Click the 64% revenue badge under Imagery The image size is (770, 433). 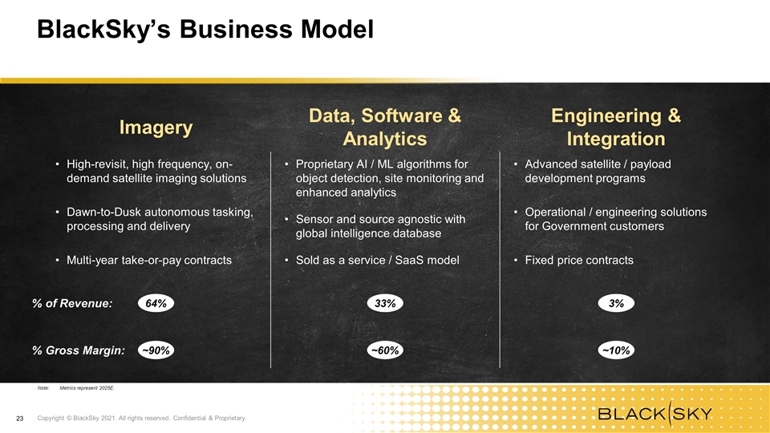(x=156, y=303)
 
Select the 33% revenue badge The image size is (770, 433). (x=385, y=303)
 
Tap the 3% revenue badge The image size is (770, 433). (x=616, y=303)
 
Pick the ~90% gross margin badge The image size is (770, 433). (x=156, y=350)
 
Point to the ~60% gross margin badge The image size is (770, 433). (x=385, y=350)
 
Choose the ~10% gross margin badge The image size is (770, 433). (x=616, y=350)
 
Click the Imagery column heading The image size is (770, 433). (x=156, y=127)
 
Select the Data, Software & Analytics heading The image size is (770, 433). (x=385, y=127)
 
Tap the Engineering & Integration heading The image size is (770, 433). (x=616, y=127)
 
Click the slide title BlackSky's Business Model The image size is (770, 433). (x=205, y=30)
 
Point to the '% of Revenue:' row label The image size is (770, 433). (x=72, y=303)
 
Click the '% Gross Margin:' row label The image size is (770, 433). (x=79, y=350)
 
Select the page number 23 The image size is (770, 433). (x=19, y=419)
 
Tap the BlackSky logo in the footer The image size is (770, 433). (x=655, y=414)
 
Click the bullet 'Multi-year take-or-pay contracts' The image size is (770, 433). (x=149, y=260)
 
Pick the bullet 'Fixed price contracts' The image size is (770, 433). (x=579, y=260)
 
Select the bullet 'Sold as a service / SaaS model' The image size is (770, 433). (x=378, y=260)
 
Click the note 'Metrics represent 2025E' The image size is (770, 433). (x=87, y=388)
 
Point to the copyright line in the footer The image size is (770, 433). (x=142, y=419)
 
